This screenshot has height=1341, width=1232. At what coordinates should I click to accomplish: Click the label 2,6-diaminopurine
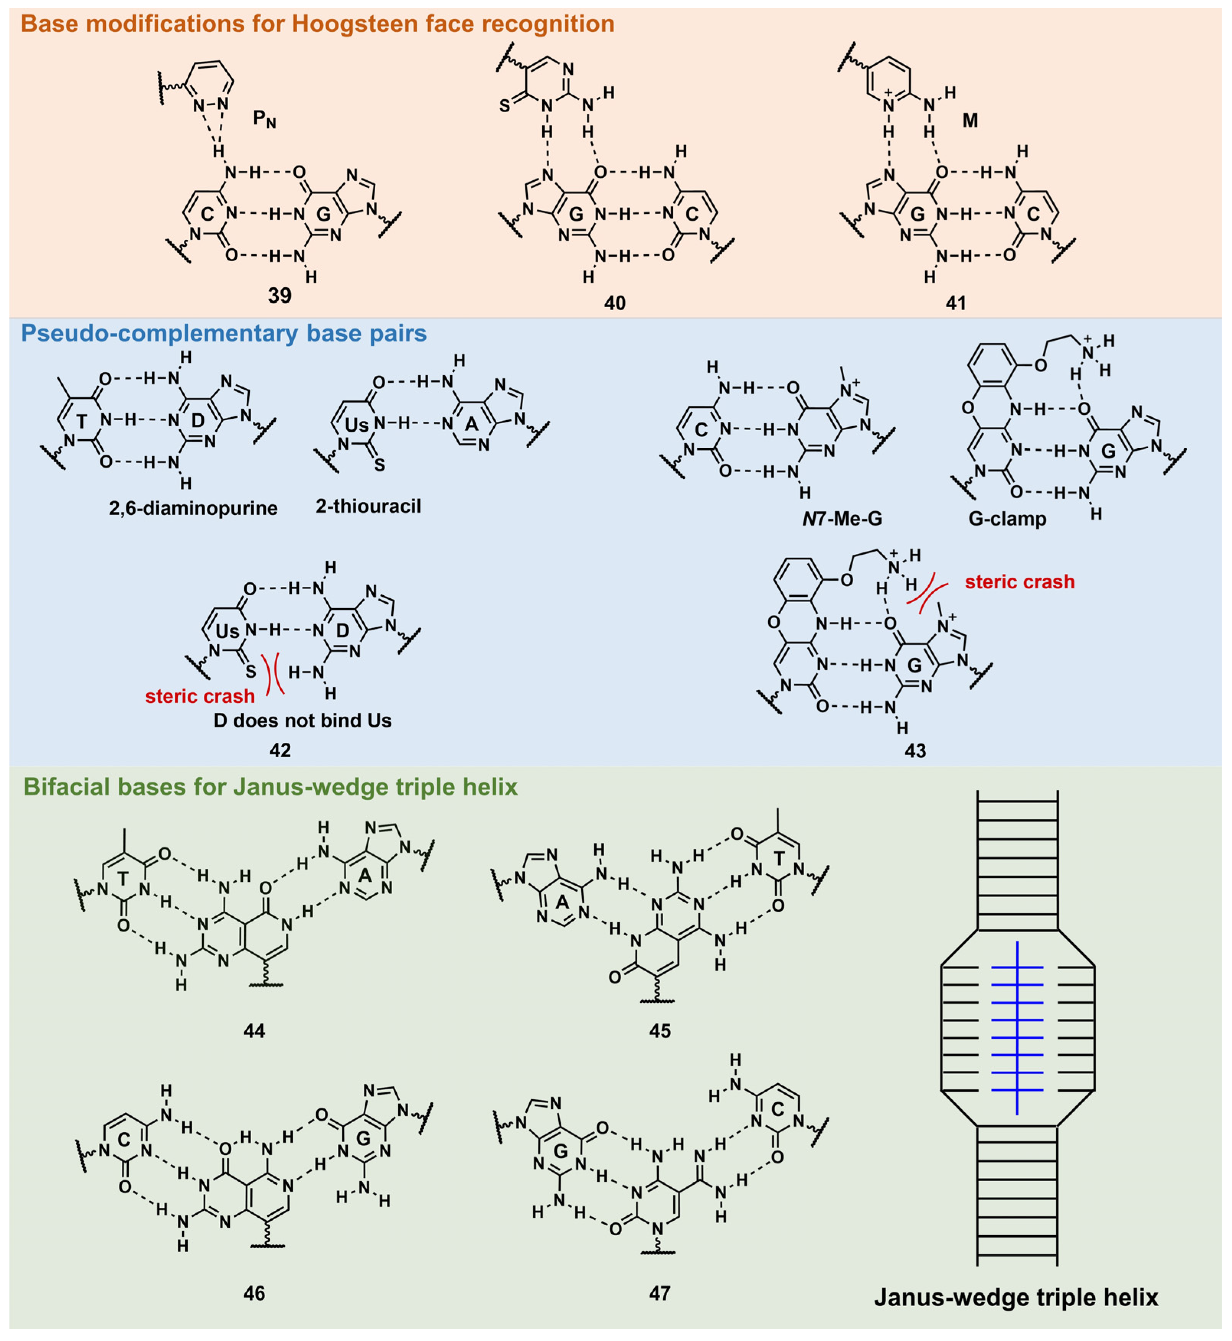[x=193, y=508]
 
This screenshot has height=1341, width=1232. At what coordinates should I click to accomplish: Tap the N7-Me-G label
[x=842, y=518]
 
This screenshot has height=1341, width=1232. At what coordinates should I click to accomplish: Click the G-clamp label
[x=1007, y=518]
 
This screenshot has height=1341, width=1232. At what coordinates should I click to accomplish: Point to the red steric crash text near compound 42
[x=200, y=696]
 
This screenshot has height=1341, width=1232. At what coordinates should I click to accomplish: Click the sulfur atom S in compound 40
[x=505, y=106]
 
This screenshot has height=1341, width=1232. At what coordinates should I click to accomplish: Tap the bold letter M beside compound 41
[x=970, y=121]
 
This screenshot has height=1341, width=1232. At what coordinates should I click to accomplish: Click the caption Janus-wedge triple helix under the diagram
[x=1016, y=1297]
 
